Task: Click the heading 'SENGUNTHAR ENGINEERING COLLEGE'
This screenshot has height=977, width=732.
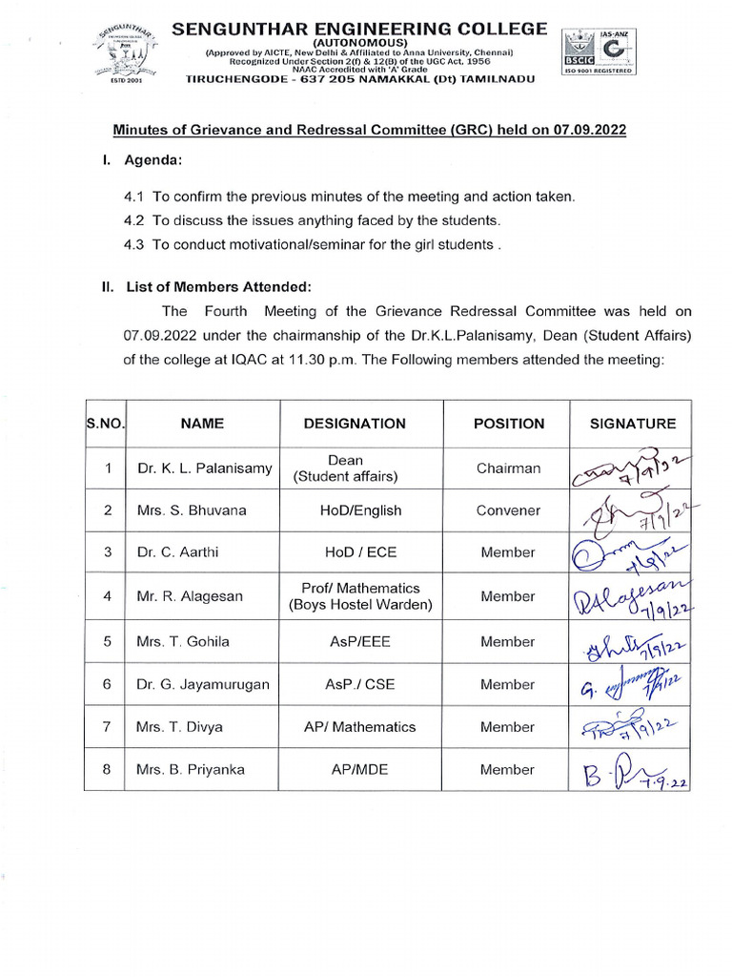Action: [x=359, y=30]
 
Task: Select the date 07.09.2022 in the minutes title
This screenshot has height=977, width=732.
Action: [x=589, y=130]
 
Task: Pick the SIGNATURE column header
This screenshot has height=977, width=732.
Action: [x=632, y=424]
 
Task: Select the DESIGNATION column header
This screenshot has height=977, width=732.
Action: [x=355, y=424]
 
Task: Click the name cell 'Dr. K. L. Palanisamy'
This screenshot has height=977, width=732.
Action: [x=204, y=468]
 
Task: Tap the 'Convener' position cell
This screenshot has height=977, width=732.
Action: [x=508, y=510]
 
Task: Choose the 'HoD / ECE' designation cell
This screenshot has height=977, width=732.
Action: [x=355, y=552]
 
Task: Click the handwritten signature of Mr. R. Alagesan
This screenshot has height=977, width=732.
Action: [x=631, y=596]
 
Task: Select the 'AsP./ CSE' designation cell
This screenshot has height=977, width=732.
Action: [x=355, y=684]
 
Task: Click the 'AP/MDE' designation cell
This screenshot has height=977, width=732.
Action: [x=355, y=769]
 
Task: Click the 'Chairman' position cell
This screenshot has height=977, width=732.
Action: [x=508, y=468]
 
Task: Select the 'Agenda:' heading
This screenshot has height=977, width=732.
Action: [x=153, y=159]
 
